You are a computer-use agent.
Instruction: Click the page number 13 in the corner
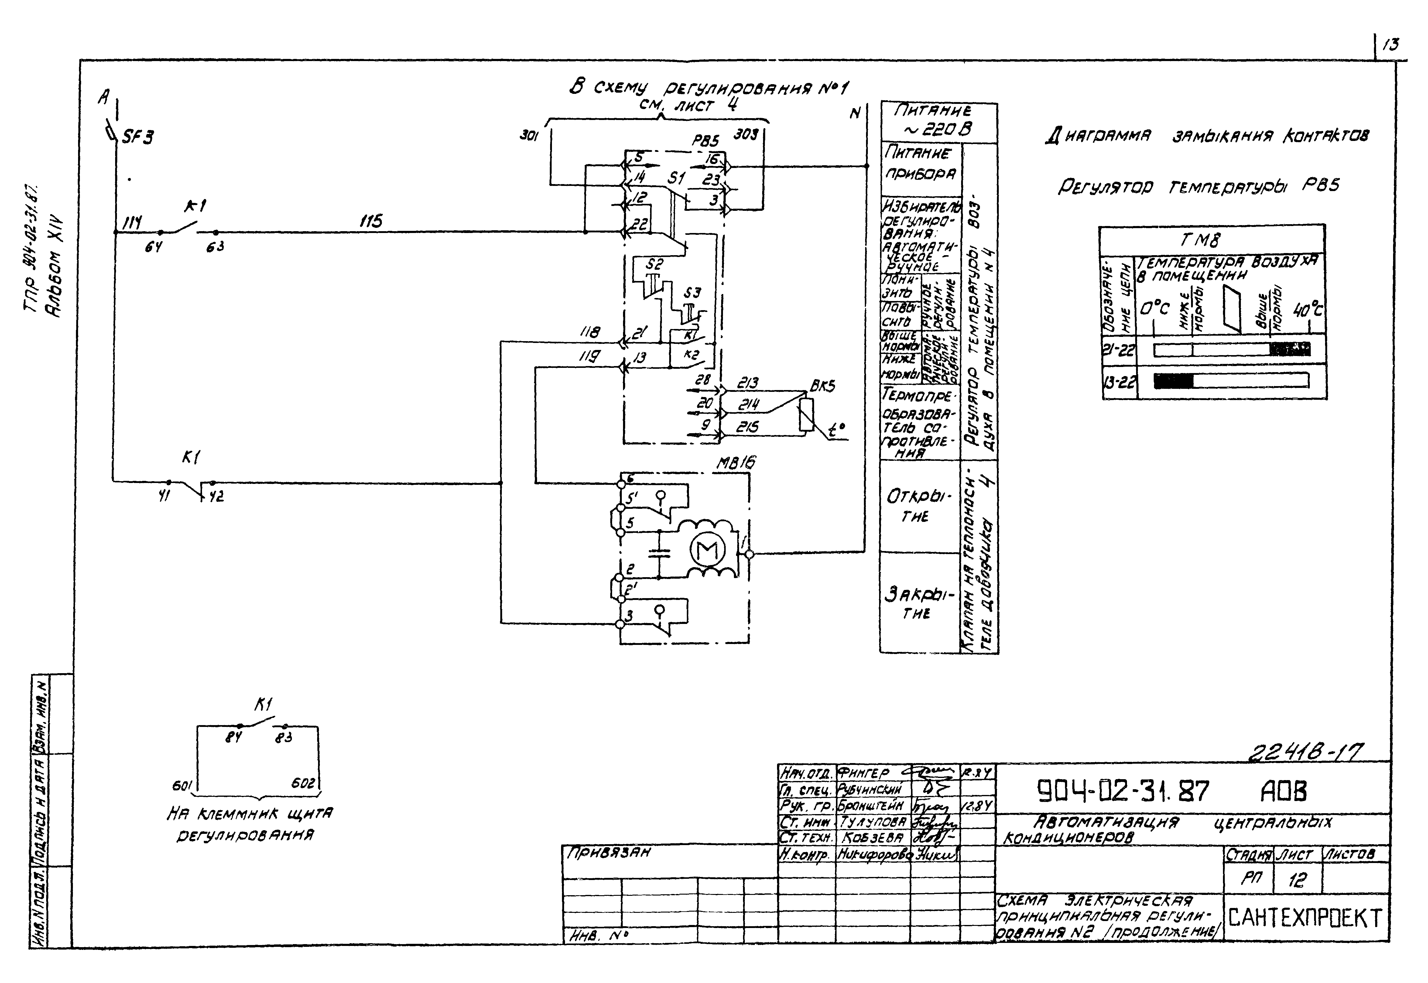1390,44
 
